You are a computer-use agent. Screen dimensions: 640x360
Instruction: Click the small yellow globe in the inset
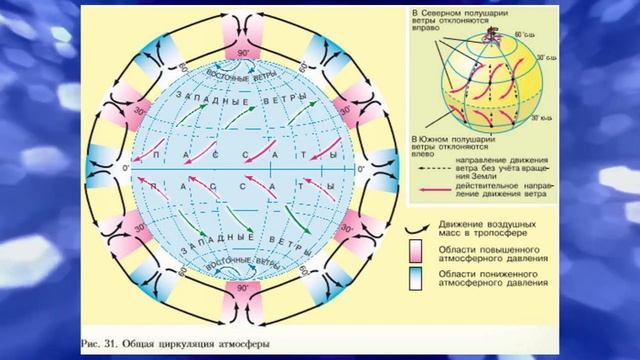[490, 75]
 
